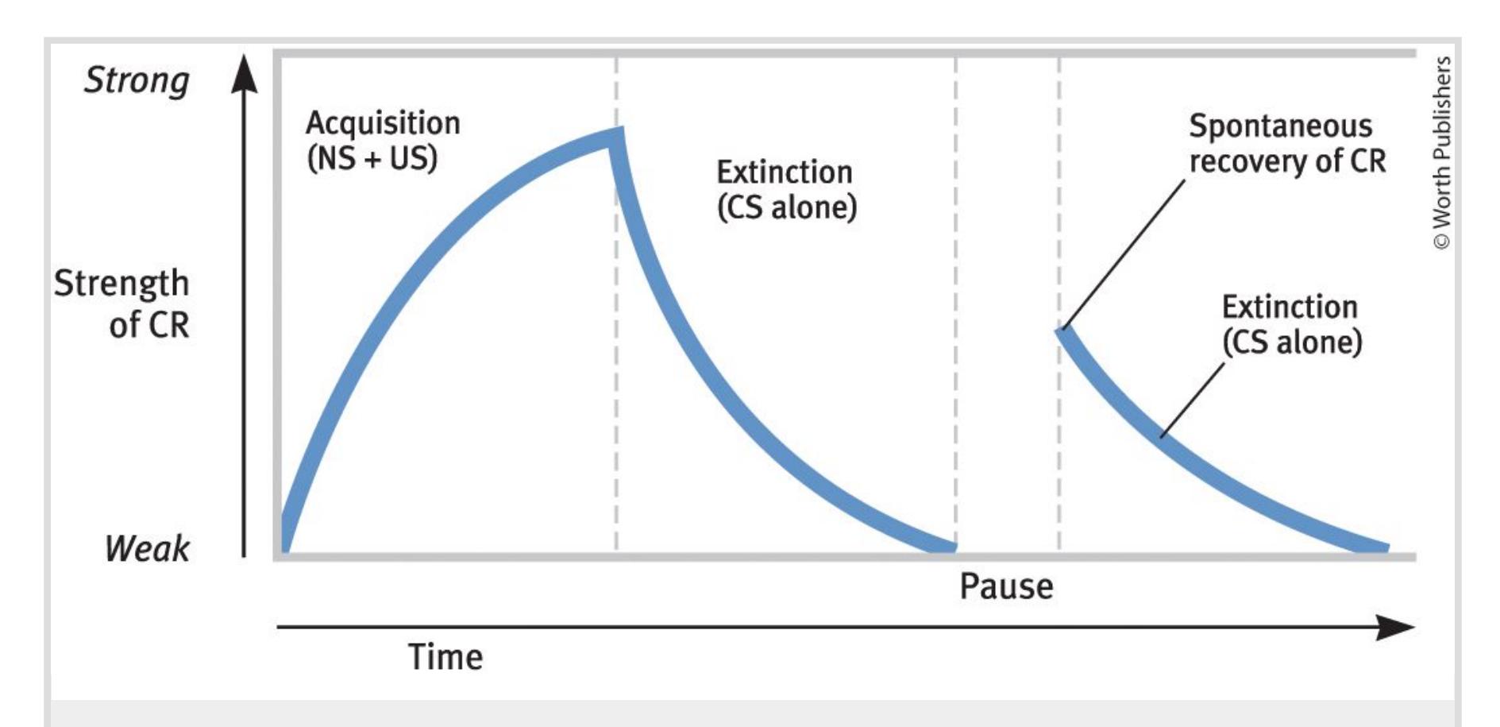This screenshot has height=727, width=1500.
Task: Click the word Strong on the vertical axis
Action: [137, 81]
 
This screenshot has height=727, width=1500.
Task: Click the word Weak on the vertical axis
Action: [147, 548]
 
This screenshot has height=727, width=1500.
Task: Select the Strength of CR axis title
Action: [121, 304]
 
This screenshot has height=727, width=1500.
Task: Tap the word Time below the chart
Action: [445, 657]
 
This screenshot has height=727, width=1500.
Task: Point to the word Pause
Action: [1006, 586]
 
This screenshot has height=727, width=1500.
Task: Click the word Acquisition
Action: [383, 123]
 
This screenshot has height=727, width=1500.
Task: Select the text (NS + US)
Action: [372, 158]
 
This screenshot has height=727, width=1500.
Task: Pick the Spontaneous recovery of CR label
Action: [1287, 143]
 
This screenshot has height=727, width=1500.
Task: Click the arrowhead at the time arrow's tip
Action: [1396, 627]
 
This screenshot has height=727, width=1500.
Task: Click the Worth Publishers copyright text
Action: [1442, 153]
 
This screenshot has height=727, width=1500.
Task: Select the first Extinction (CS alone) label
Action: [786, 189]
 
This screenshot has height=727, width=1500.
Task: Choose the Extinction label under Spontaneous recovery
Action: [1292, 324]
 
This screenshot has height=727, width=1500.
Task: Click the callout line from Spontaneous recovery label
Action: [1124, 253]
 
